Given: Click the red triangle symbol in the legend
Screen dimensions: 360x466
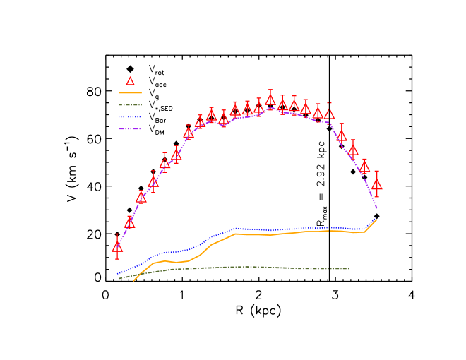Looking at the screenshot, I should coord(130,81).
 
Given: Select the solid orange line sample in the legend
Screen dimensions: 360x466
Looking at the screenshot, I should coord(130,93).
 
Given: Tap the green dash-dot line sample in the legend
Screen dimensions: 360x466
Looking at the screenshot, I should coord(130,105).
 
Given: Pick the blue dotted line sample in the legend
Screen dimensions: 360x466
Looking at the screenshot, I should coord(130,117).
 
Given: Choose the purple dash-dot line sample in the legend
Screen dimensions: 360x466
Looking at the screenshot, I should coord(130,129).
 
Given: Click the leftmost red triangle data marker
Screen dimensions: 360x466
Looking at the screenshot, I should coord(117,247).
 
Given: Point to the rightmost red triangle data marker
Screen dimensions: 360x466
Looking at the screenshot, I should coord(376,184).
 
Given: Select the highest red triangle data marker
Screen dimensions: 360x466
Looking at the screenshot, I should coord(270,100).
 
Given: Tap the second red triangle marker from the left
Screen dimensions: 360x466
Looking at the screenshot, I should coord(129,223).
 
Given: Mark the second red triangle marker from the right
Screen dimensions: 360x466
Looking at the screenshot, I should coord(364,167).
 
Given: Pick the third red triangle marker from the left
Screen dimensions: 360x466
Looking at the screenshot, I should coord(141,198).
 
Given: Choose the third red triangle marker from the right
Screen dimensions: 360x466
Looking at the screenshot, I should coord(353,149).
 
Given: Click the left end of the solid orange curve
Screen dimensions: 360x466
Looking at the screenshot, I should coord(133,281).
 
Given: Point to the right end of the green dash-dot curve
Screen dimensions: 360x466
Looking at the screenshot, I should coord(349,268).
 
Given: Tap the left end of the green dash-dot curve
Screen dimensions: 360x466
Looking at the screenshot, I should coord(119,279).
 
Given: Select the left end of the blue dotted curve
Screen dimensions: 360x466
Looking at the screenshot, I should coord(117,274).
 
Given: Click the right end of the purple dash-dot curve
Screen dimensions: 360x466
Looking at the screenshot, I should coord(377,208).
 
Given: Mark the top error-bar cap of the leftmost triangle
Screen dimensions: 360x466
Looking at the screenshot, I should coord(117,234).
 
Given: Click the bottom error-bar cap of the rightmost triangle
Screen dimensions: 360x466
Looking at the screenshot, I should coord(376,196).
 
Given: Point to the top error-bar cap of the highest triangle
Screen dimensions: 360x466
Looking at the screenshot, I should coord(270,90).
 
